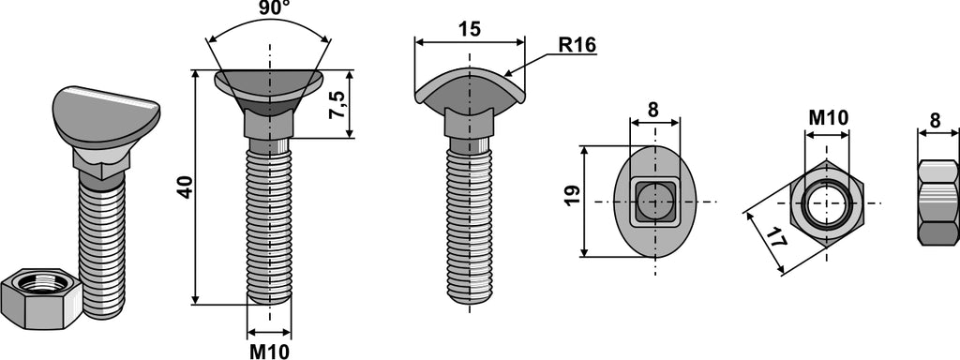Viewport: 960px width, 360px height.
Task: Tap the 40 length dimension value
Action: coord(185,187)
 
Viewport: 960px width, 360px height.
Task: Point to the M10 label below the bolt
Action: coord(269,352)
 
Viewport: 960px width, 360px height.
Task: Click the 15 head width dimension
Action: coord(470,29)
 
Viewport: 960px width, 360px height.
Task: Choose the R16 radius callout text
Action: coord(577,45)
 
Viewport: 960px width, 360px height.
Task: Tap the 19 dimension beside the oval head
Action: coord(573,197)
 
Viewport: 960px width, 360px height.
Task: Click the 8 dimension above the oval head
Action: coord(653,110)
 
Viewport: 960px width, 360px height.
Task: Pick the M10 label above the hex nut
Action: coord(829,118)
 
